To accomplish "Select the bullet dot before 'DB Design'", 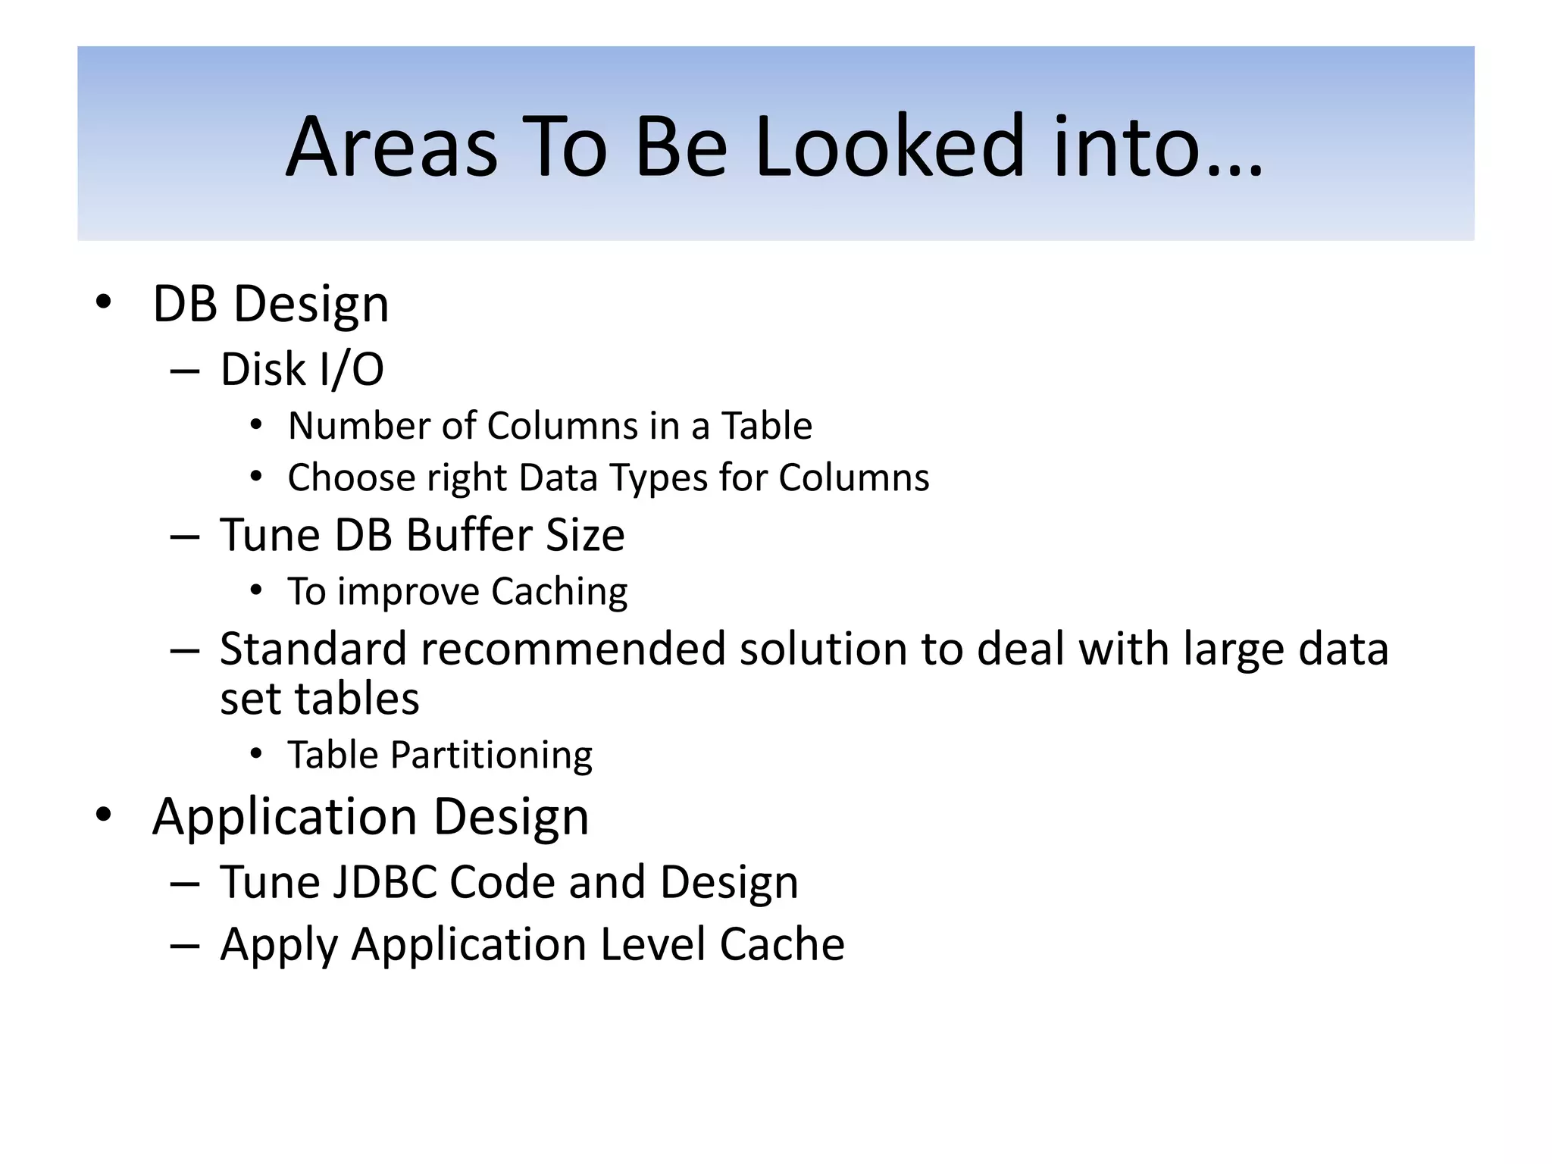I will [104, 302].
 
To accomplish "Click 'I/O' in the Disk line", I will [352, 370].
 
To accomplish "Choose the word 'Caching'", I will [559, 592].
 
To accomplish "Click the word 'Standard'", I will [314, 649].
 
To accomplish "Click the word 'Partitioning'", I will [491, 756].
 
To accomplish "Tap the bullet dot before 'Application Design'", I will [104, 815].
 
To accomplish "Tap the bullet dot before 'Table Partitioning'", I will [256, 754].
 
